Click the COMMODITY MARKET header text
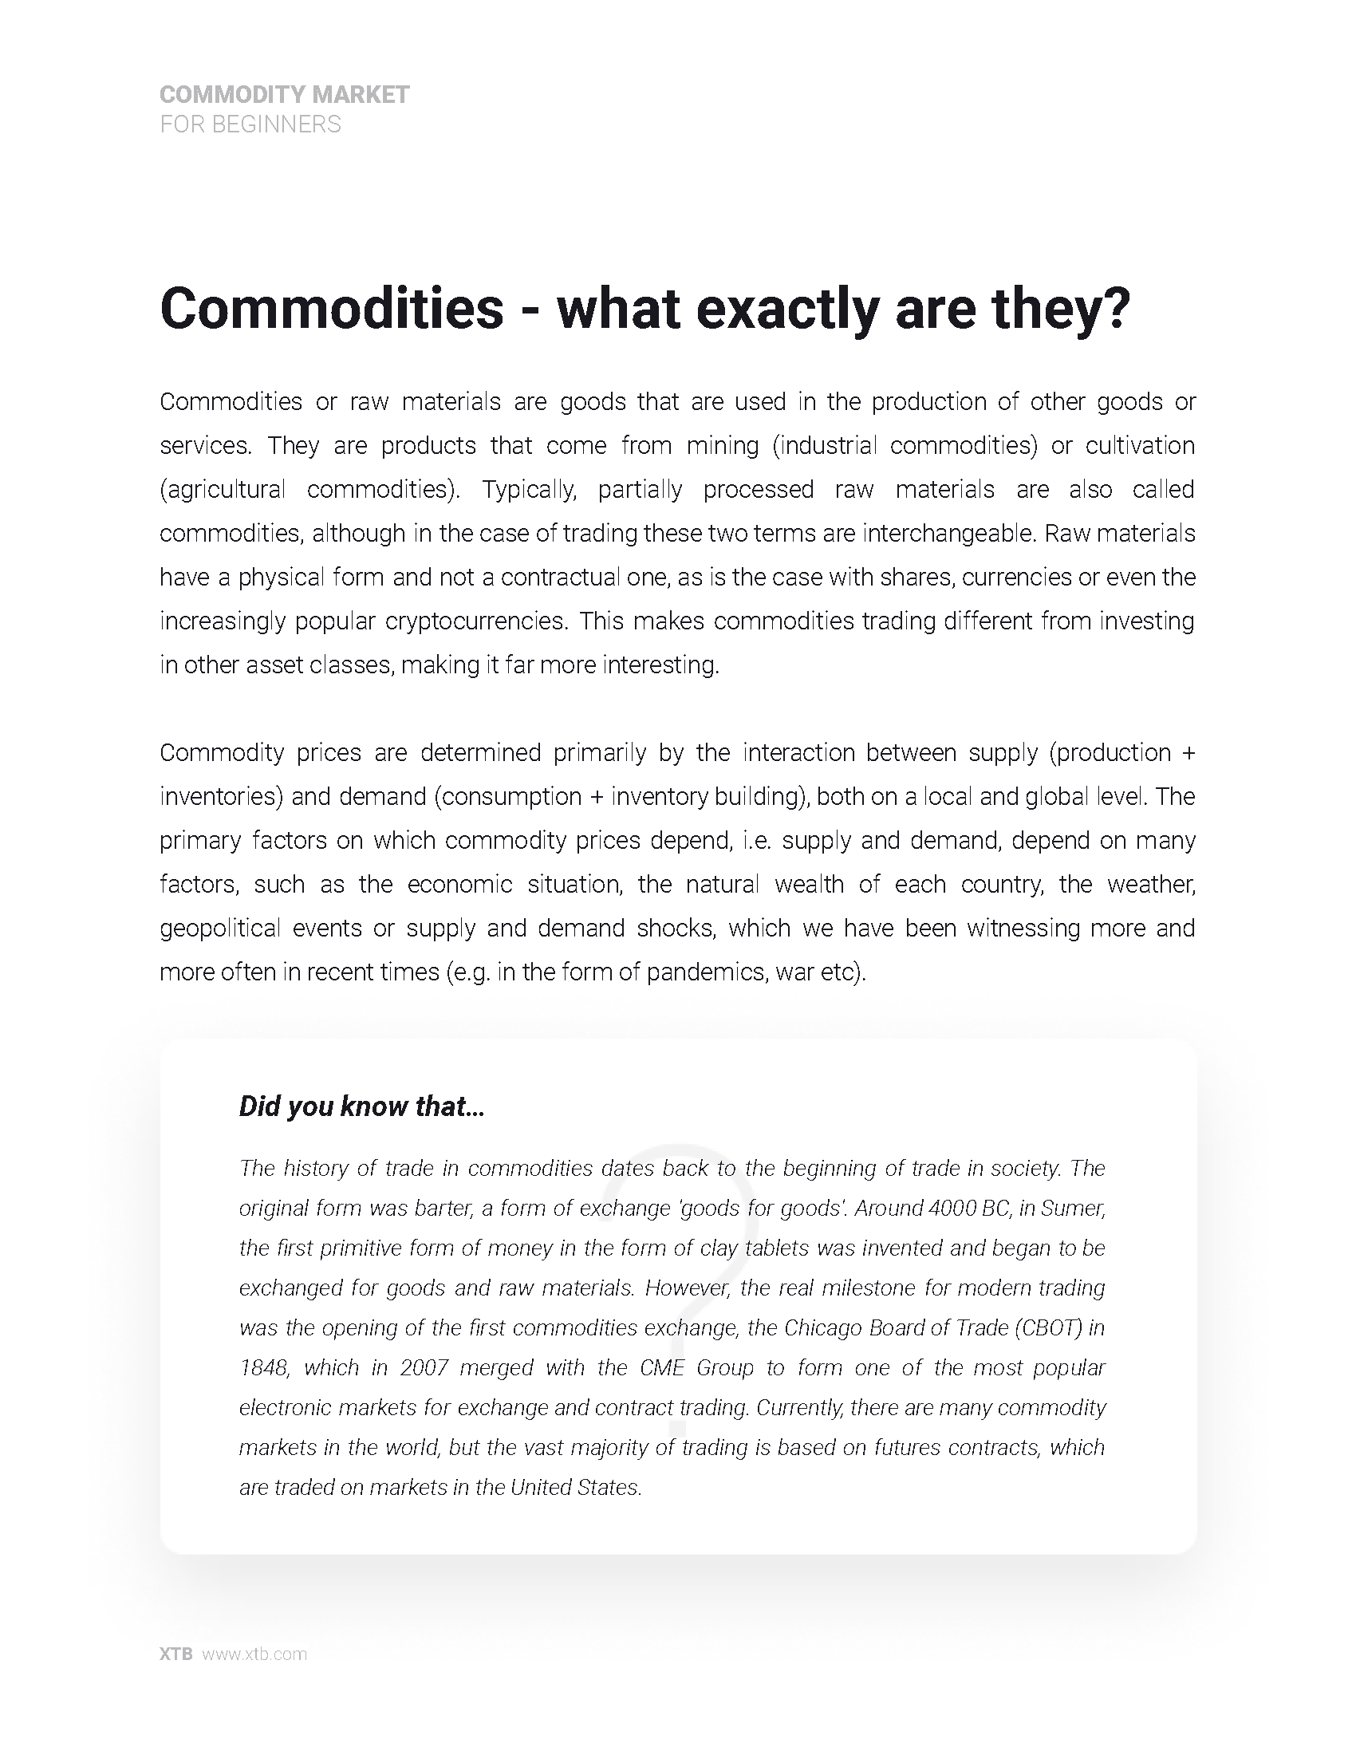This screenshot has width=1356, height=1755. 285,95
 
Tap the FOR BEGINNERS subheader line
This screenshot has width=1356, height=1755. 250,124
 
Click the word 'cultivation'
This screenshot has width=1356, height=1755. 1140,446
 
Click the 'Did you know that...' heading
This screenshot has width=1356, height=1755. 361,1106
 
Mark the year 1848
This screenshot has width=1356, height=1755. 262,1367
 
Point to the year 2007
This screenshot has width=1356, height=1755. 424,1367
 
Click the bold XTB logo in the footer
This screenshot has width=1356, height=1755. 176,1654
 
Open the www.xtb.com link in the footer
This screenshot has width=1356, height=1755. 254,1654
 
